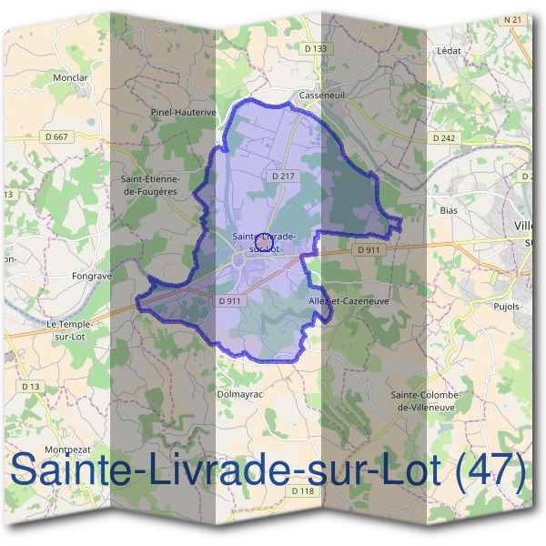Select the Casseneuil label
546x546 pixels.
pyautogui.click(x=319, y=94)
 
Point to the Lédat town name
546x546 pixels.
pyautogui.click(x=450, y=51)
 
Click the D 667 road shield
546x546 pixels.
pyautogui.click(x=56, y=136)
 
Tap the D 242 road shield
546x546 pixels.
pyautogui.click(x=443, y=138)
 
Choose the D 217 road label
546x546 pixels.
pyautogui.click(x=281, y=175)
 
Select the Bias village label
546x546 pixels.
pyautogui.click(x=448, y=210)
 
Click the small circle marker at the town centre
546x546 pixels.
pyautogui.click(x=264, y=240)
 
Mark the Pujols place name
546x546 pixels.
pyautogui.click(x=507, y=307)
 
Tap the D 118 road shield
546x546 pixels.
pyautogui.click(x=303, y=490)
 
